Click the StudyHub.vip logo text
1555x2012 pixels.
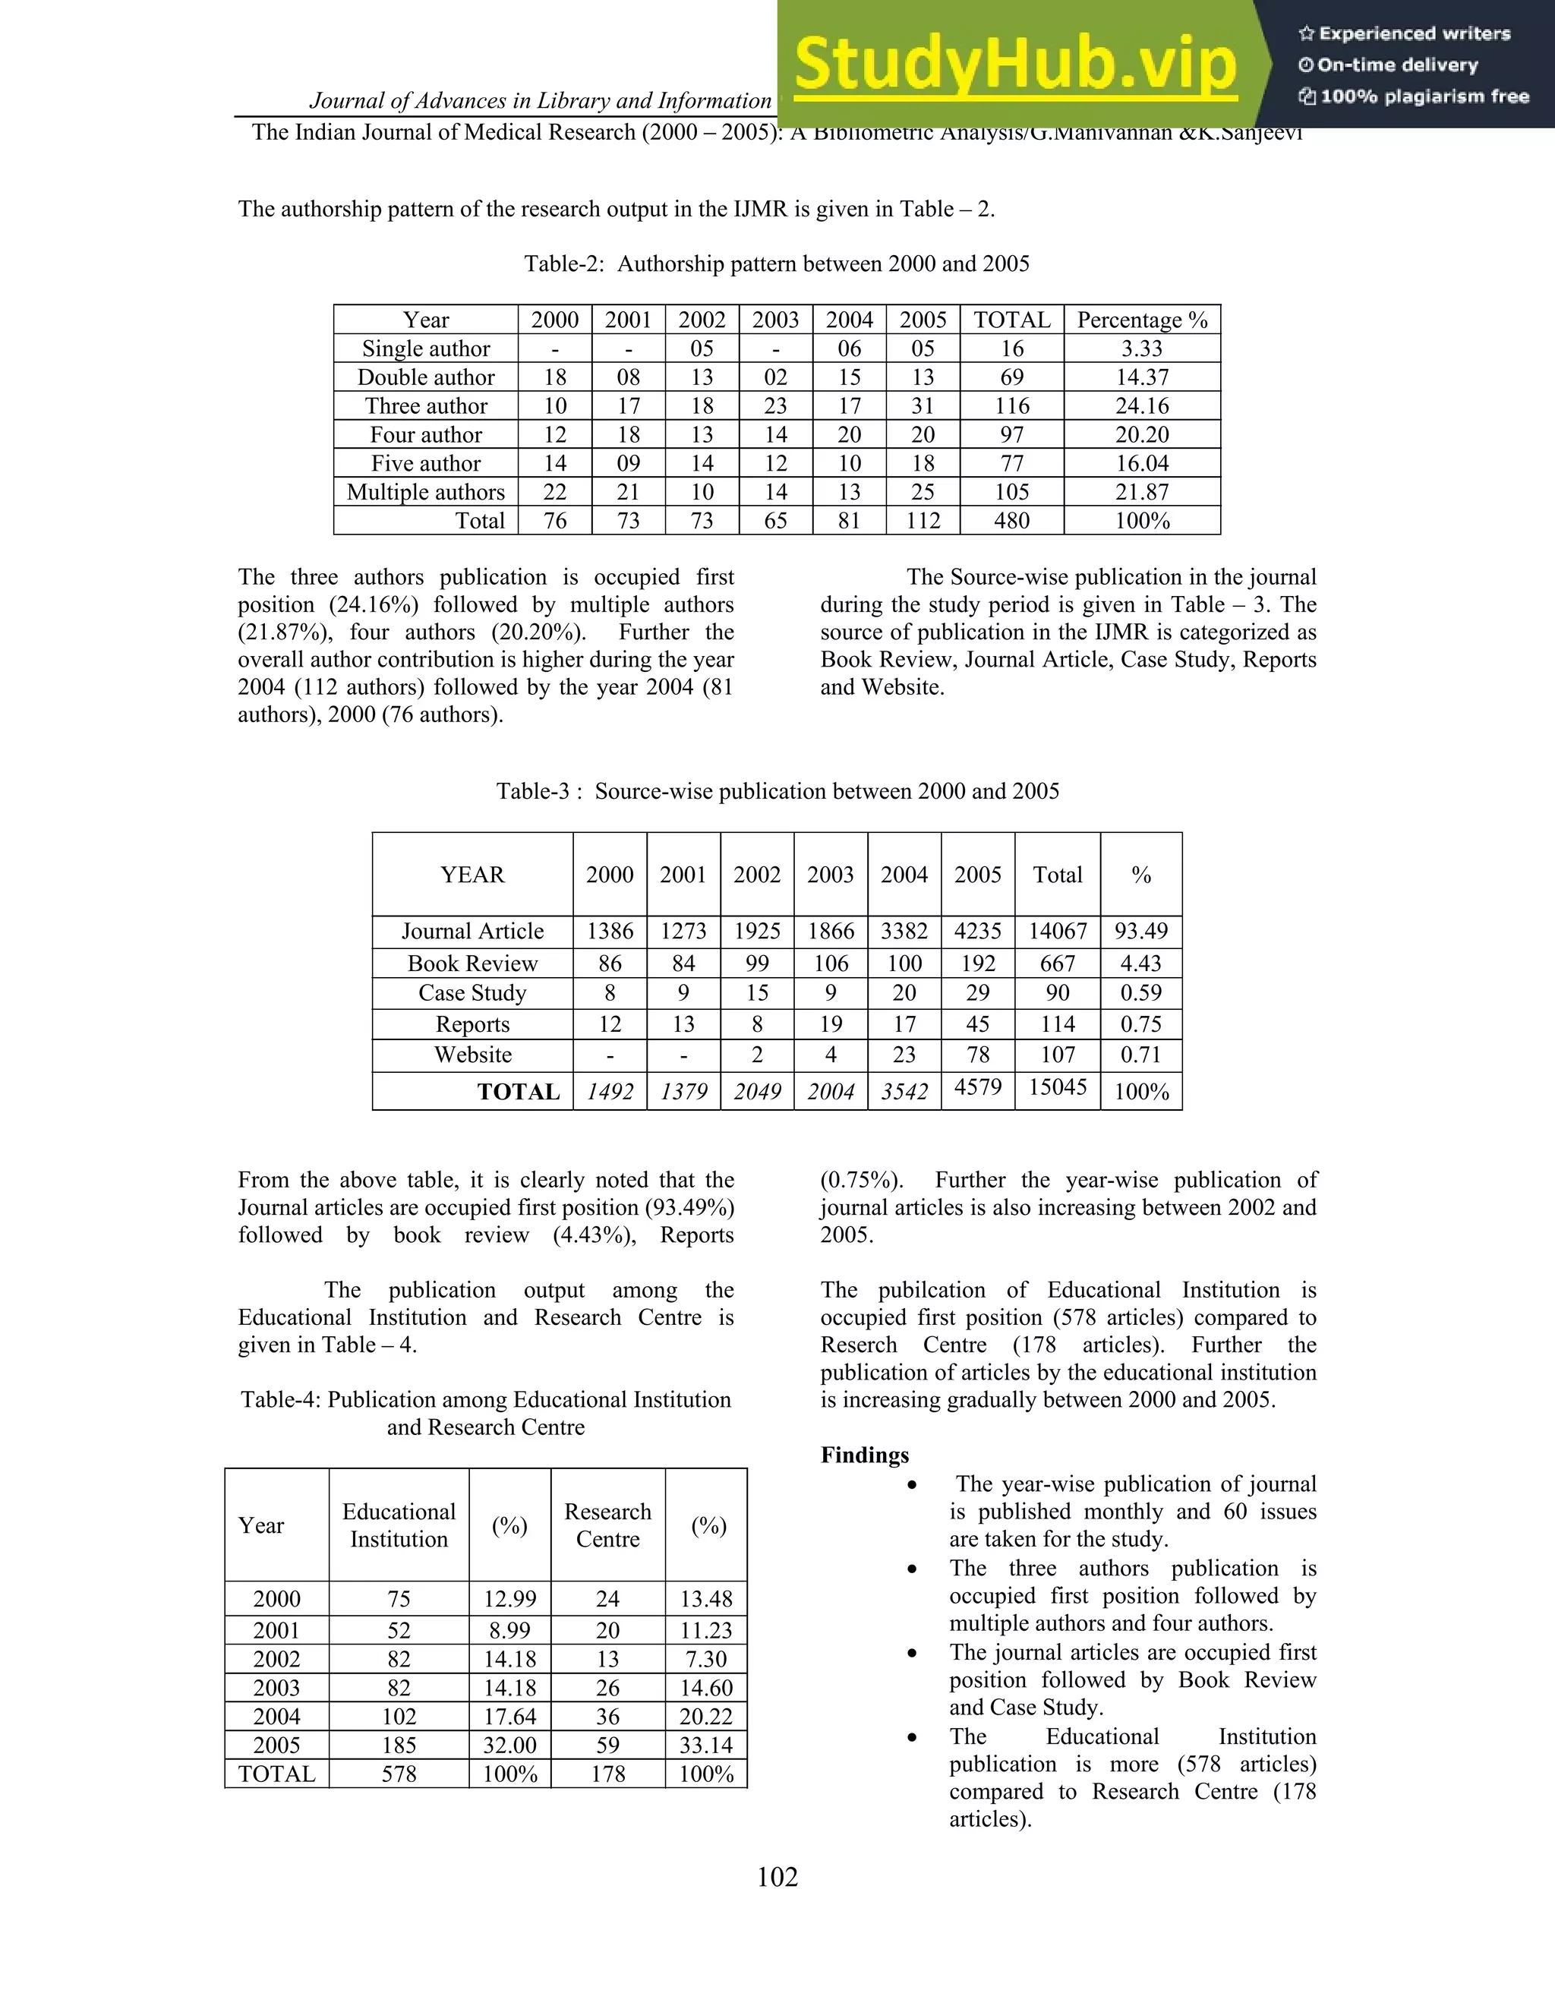(1014, 65)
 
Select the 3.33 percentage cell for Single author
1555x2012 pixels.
(1141, 348)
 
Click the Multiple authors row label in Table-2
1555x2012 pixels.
(426, 492)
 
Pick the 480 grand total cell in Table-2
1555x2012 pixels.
(1011, 521)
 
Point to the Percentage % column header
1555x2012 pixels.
(1141, 320)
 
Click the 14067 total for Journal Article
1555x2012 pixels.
(1058, 931)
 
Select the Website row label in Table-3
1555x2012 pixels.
(472, 1055)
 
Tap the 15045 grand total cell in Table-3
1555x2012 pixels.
(1058, 1087)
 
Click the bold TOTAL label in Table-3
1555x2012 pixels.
(518, 1092)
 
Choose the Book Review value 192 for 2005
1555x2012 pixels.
(977, 963)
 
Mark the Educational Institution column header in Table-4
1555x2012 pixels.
(398, 1525)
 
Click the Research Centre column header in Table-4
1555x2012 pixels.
(607, 1525)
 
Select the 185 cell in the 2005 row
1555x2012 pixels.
(398, 1745)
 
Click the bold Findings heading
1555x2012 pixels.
(864, 1455)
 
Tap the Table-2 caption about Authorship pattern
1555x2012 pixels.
(777, 264)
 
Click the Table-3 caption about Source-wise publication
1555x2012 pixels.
(777, 791)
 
